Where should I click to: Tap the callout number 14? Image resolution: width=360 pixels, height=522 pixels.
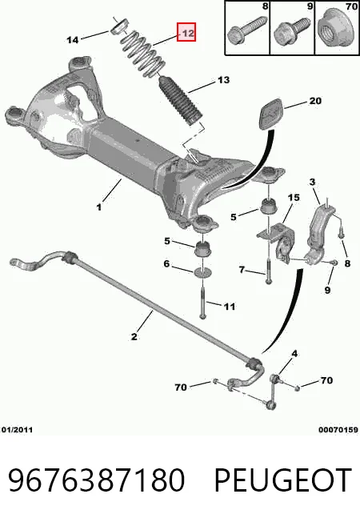[x=73, y=40]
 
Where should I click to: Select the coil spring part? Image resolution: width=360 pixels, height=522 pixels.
[x=143, y=54]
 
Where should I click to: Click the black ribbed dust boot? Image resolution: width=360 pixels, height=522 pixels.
[x=179, y=101]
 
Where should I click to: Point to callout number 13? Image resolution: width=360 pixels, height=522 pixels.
[x=223, y=80]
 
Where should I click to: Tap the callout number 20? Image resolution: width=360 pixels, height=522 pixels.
[x=314, y=101]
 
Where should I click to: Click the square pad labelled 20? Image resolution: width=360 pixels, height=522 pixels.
[x=270, y=113]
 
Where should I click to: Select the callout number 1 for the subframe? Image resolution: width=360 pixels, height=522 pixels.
[x=99, y=207]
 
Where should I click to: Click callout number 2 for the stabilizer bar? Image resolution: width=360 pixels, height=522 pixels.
[x=134, y=336]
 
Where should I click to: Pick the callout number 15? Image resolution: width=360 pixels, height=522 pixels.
[x=294, y=198]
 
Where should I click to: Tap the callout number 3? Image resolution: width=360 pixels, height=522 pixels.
[x=312, y=182]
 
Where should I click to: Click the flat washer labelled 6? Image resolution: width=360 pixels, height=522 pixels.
[x=202, y=271]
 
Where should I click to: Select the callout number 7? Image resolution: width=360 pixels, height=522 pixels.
[x=242, y=269]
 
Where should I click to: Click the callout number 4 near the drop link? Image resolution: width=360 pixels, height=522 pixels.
[x=294, y=354]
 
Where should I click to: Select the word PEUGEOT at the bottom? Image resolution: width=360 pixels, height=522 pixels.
[x=283, y=480]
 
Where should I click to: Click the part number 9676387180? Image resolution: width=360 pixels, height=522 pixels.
[x=96, y=480]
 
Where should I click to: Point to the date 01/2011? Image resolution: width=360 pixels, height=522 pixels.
[x=18, y=430]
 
